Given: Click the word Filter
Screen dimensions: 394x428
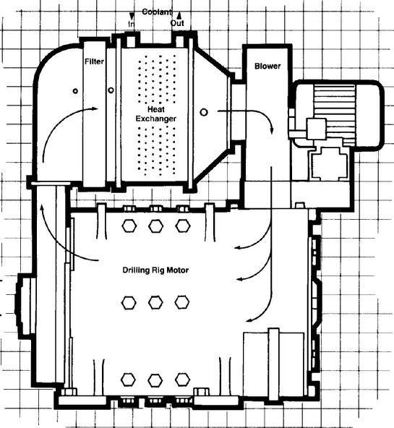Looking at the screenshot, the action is click(x=94, y=61).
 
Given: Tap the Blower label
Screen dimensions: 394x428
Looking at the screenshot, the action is click(x=267, y=66).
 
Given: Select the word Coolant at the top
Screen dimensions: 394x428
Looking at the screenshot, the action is click(x=157, y=12).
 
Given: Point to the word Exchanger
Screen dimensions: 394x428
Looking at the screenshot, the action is click(x=156, y=119).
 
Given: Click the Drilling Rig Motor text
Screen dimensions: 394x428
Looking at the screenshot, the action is click(x=155, y=270).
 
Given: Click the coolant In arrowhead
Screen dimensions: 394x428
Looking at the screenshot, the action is click(x=132, y=16).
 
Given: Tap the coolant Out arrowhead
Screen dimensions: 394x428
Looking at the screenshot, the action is click(x=179, y=15).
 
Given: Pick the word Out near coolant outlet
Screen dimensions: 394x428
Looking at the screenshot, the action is click(x=177, y=23).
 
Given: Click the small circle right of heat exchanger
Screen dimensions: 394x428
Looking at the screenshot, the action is click(x=204, y=112).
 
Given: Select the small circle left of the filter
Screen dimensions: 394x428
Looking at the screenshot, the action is click(x=75, y=91).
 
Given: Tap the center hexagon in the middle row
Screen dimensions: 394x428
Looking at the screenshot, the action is click(x=156, y=302).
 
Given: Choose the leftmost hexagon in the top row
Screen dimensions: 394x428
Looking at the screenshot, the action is click(x=129, y=226).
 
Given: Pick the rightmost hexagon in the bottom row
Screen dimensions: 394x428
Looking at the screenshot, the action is click(x=182, y=380).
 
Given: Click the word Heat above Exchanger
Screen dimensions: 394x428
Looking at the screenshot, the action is click(x=156, y=109).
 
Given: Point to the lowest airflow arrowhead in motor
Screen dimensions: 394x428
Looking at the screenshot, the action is click(x=249, y=320).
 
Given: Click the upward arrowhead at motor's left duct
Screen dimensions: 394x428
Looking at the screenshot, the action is click(x=42, y=208).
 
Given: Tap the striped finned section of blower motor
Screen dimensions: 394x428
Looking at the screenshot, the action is click(x=335, y=115).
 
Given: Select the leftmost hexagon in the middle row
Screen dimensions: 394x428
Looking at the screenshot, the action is click(x=129, y=303).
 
